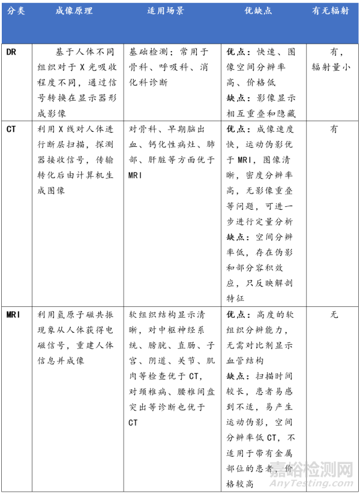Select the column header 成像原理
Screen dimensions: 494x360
(73, 12)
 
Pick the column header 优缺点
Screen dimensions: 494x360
(261, 12)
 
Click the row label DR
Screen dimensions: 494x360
(11, 52)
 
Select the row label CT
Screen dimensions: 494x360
(11, 129)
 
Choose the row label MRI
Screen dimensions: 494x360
(14, 315)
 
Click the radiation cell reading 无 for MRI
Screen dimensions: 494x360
(334, 315)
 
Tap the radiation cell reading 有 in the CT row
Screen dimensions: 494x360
(334, 129)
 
